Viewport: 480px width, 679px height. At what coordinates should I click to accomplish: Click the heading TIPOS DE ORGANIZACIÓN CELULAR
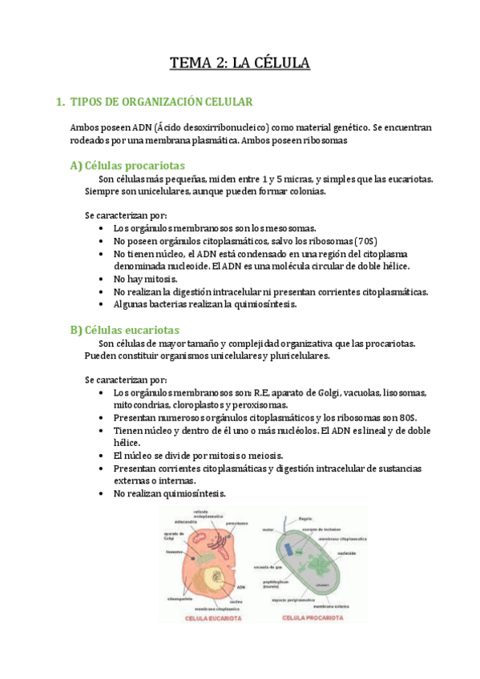162,102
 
